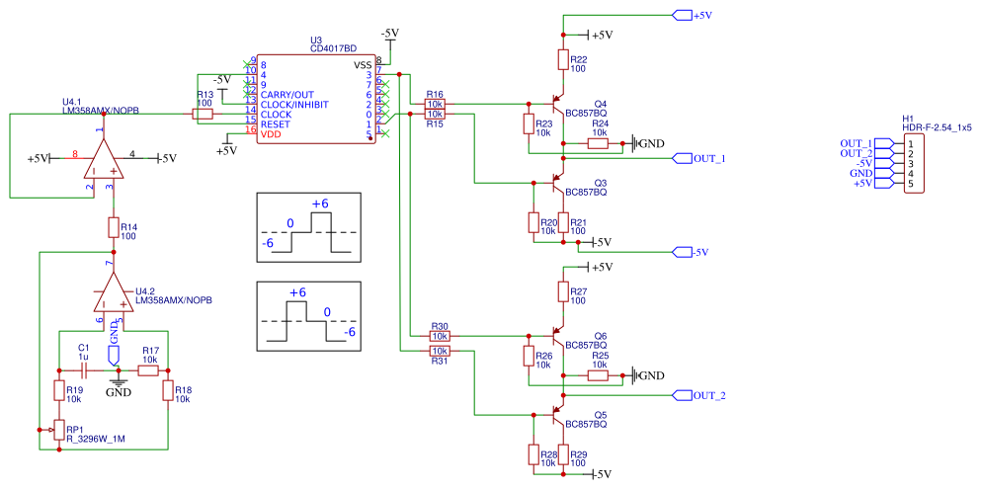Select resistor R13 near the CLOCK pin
point(203,114)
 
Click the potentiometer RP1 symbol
point(58,430)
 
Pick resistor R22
point(563,60)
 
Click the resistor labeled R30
point(440,336)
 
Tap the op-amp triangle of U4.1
point(102,159)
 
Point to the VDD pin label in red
point(271,133)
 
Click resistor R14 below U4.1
point(114,228)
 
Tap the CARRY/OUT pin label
point(287,94)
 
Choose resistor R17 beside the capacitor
point(148,369)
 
